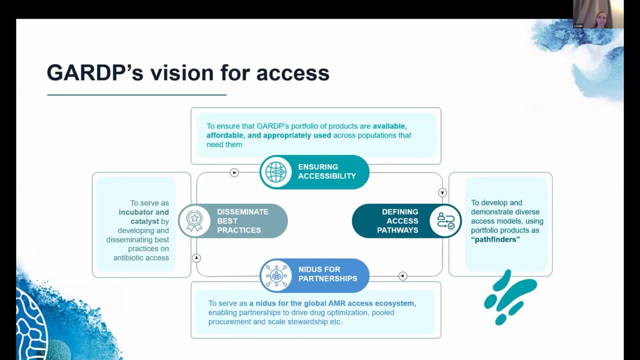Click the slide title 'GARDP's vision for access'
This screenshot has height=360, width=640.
point(188,73)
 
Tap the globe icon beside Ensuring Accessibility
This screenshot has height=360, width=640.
point(276,172)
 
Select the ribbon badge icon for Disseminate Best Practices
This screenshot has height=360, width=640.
point(194,220)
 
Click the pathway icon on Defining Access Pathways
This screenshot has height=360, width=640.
point(445,220)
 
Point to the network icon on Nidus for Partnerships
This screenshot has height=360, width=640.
point(276,275)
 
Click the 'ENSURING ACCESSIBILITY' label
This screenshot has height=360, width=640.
point(327,171)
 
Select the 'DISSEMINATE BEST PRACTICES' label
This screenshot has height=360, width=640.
point(242,221)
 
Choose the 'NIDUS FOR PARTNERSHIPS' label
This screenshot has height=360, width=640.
point(327,274)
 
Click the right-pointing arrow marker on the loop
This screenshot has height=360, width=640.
point(234,172)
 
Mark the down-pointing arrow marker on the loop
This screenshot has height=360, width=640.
point(442,192)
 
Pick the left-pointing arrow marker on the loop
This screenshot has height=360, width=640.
point(403,276)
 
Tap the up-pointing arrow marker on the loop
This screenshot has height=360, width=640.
point(196,258)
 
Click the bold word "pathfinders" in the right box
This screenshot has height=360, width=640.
point(495,239)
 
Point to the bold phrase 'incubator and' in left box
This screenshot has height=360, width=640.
point(143,212)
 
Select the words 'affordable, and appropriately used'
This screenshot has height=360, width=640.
point(269,135)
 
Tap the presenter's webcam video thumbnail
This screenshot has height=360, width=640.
point(598,14)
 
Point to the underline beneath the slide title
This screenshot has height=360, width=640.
point(136,94)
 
